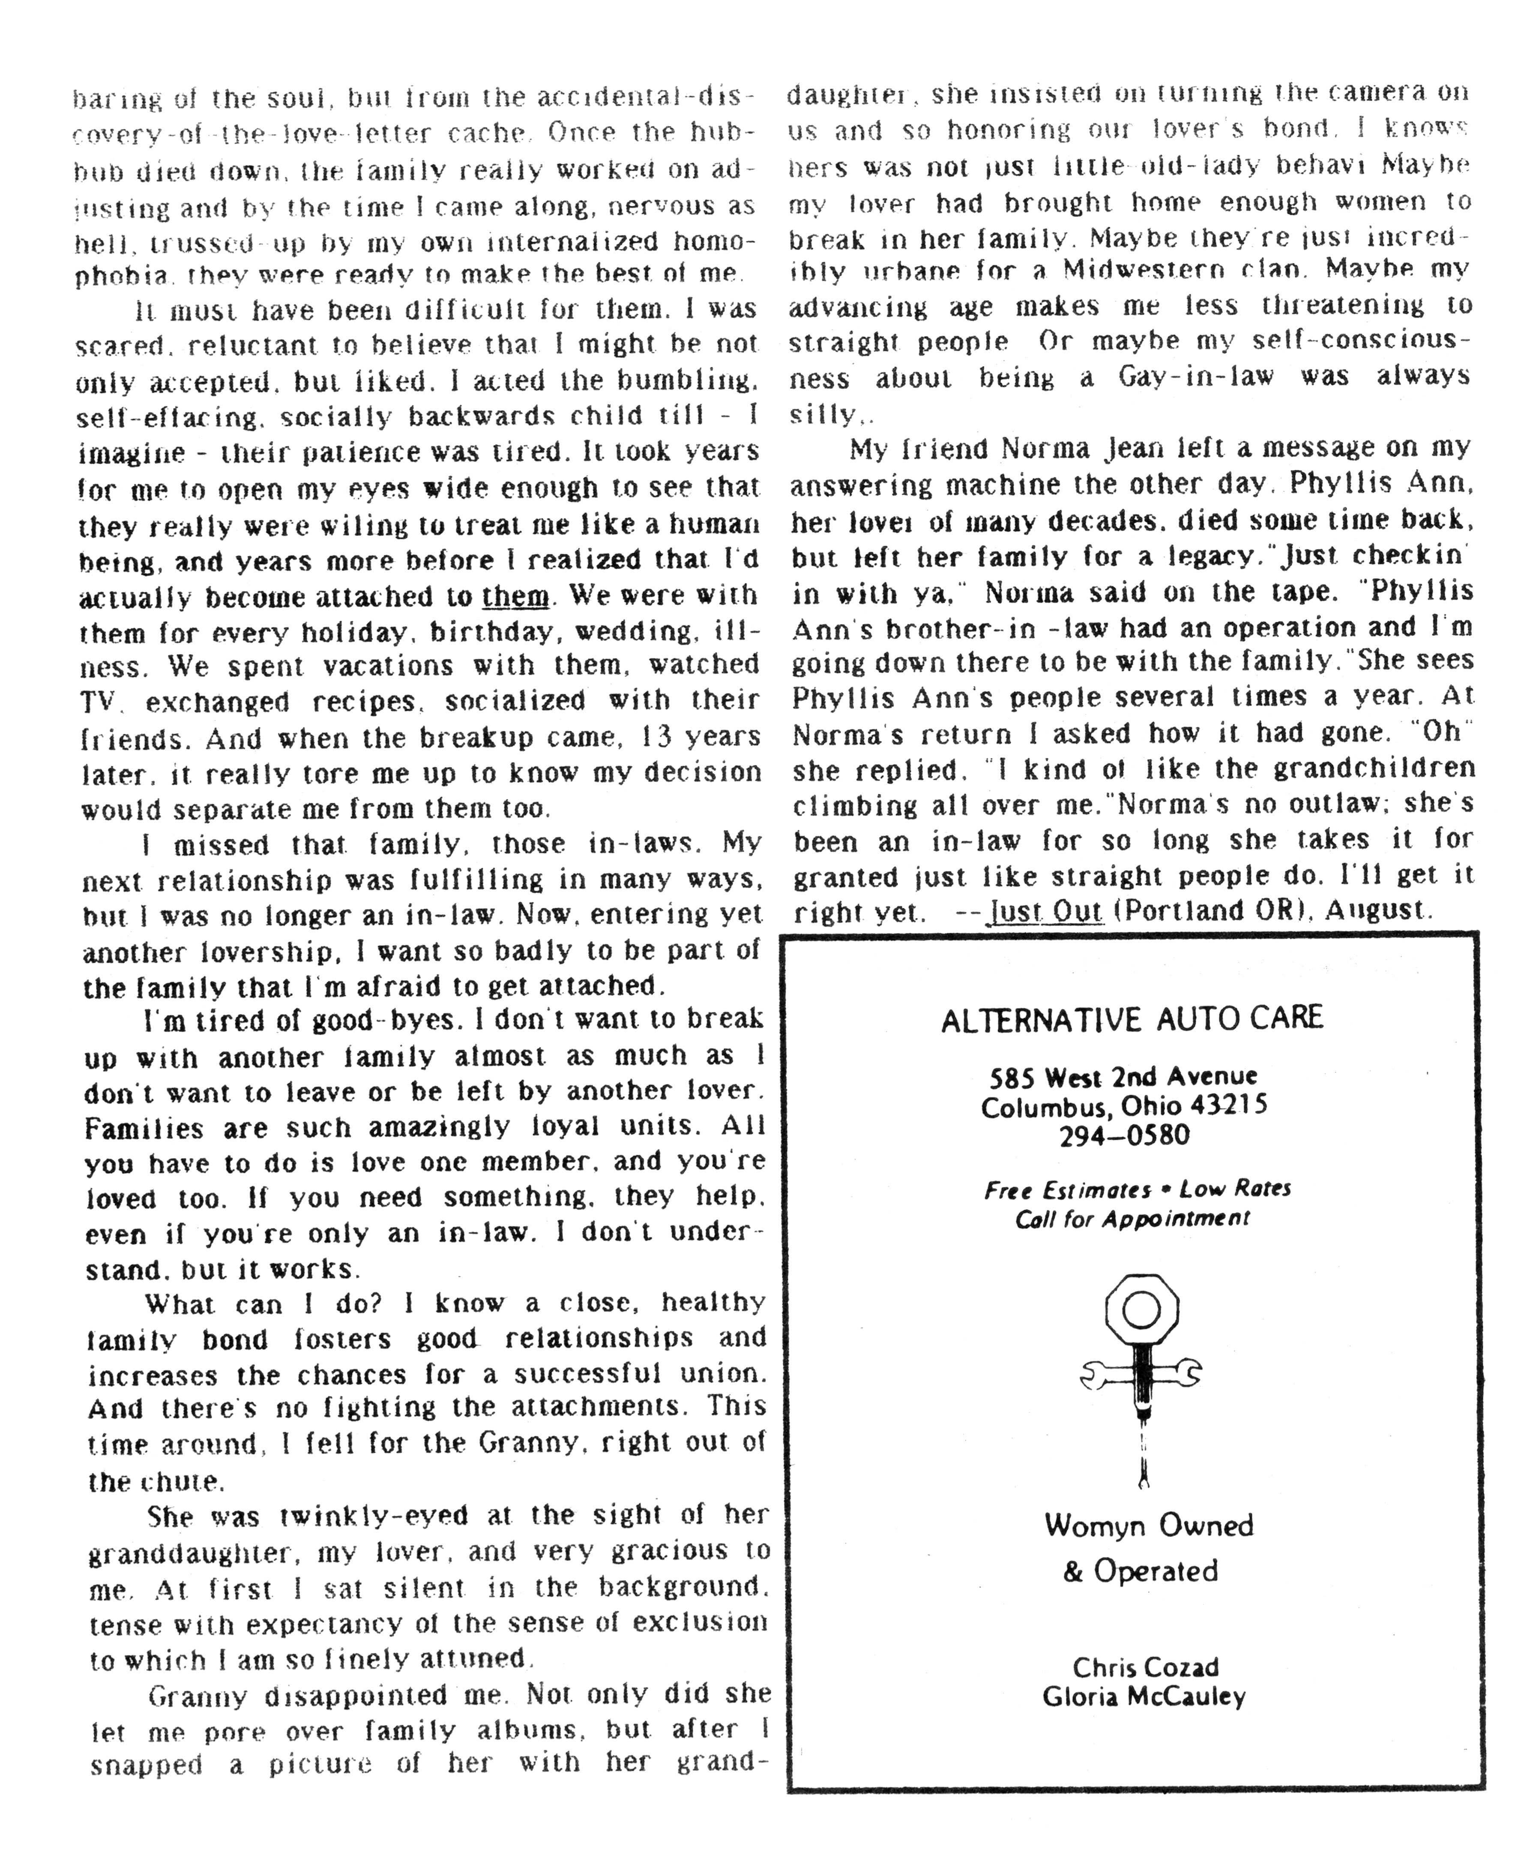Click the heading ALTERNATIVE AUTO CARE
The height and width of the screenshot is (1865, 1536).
coord(1132,1019)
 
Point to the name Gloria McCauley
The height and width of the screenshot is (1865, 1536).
coord(1144,1697)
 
